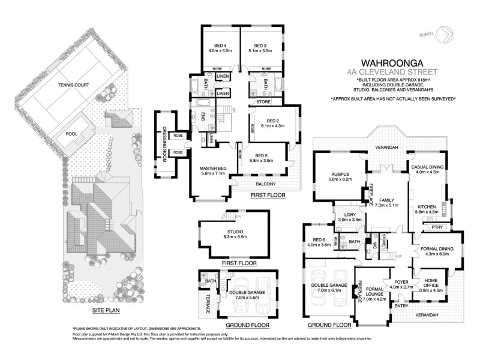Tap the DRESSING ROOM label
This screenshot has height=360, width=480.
point(161,140)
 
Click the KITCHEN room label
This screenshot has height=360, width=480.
point(426,208)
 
